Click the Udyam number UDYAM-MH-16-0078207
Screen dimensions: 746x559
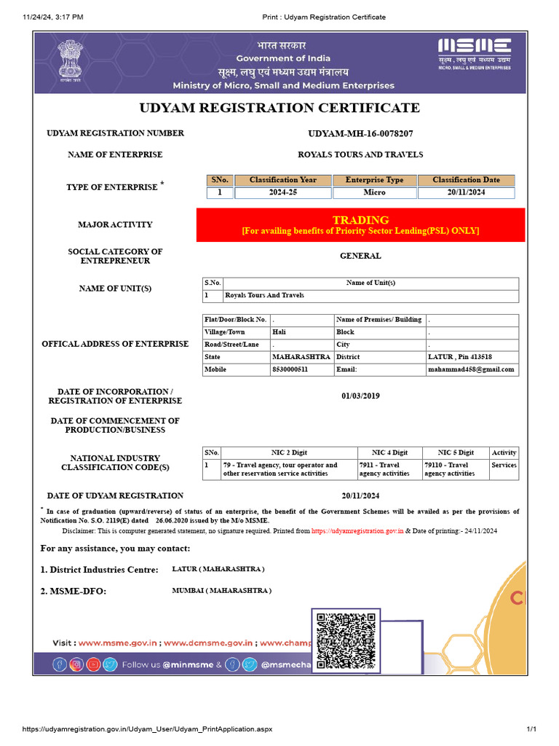360,134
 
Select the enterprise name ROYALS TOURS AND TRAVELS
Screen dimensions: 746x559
360,154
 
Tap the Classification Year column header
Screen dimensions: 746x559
283,180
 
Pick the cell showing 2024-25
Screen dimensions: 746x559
283,193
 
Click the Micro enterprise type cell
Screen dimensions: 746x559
374,193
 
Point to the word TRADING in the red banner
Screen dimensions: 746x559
360,220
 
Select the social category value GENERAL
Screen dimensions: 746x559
360,256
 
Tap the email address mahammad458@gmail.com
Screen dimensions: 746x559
471,369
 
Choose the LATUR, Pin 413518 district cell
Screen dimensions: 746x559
459,357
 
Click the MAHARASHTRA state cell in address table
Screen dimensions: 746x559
301,357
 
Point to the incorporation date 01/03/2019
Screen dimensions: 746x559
360,396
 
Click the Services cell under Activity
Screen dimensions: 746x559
504,465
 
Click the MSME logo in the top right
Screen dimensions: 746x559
474,53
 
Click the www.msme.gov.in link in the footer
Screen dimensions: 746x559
118,643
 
